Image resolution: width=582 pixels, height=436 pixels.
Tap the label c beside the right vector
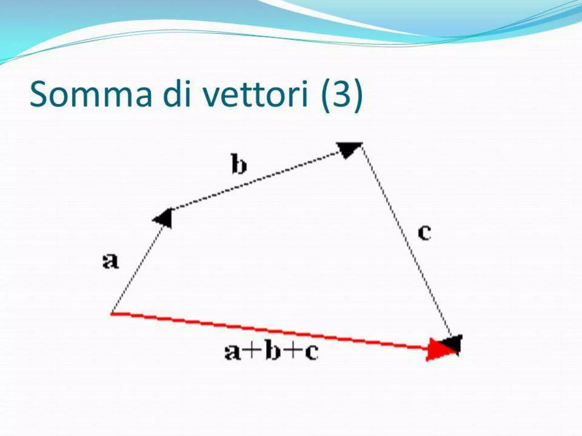coord(424,233)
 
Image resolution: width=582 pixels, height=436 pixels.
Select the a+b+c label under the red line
coord(271,352)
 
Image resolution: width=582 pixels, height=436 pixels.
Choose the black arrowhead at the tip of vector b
coord(348,149)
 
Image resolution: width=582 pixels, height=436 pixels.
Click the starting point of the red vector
coord(112,313)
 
